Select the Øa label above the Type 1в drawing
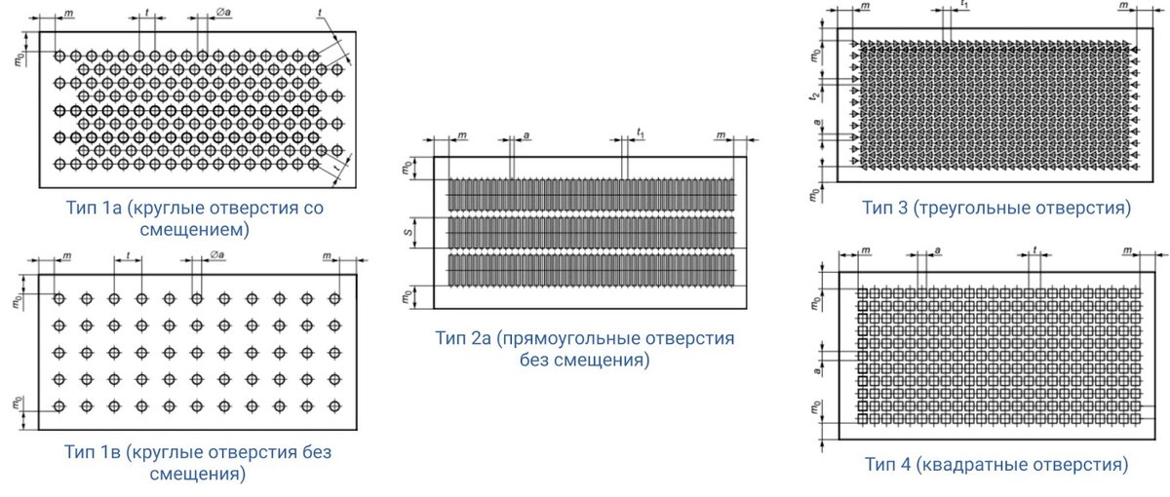point(215,255)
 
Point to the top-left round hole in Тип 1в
point(59,297)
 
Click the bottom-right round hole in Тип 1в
point(334,405)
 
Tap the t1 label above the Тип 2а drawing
point(640,132)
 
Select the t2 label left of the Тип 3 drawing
point(812,96)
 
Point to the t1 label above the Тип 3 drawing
point(963,5)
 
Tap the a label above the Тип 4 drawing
point(937,250)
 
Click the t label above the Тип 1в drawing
point(129,254)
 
